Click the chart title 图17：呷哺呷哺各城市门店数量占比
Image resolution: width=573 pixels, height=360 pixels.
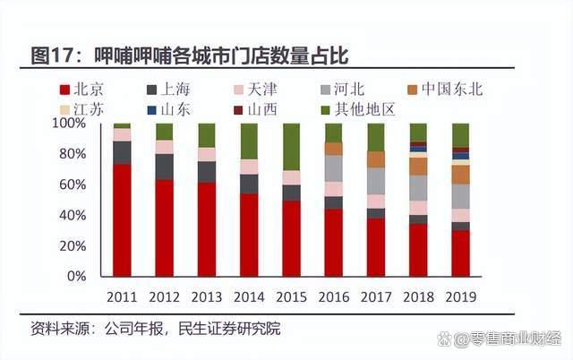(x=189, y=56)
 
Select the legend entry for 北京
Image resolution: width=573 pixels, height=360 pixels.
(x=81, y=90)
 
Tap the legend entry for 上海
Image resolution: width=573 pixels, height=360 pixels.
(x=167, y=90)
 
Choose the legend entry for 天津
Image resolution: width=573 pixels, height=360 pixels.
(x=254, y=90)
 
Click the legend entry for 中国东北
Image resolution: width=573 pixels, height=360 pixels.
(x=444, y=90)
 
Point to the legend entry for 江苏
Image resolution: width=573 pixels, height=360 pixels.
(x=81, y=109)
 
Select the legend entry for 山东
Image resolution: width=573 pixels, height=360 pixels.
(x=167, y=109)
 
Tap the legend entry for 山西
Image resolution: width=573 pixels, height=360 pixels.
(x=254, y=109)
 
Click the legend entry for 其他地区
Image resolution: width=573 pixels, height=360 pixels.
(x=350, y=109)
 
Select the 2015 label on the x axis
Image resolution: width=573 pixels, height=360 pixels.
(x=291, y=296)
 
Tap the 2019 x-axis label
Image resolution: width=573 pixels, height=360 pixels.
(x=460, y=296)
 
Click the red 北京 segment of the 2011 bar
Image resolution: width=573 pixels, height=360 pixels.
(x=122, y=219)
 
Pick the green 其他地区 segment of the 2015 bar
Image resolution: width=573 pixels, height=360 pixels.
(x=291, y=147)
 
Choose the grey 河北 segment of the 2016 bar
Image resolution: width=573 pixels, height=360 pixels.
(x=333, y=168)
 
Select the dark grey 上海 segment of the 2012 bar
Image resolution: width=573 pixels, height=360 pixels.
(x=164, y=167)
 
